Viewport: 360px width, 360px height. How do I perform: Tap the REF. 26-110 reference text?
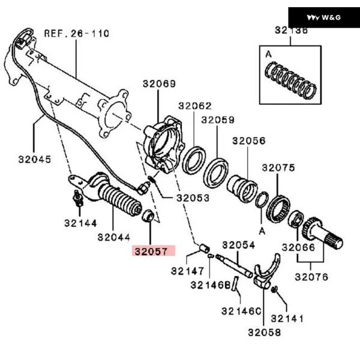(x=76, y=34)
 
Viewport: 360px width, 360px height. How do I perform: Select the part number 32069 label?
(x=159, y=84)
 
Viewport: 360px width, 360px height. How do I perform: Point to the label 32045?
(x=34, y=160)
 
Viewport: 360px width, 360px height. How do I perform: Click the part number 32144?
(x=80, y=223)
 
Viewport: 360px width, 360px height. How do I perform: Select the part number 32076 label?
(x=311, y=277)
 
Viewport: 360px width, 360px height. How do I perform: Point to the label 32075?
(x=278, y=168)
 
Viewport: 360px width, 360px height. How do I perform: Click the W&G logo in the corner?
(x=324, y=17)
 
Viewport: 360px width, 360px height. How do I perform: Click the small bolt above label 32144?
(x=77, y=199)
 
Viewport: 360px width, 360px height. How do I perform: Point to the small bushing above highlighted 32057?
(x=148, y=215)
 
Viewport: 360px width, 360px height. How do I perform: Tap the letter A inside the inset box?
(x=269, y=53)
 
